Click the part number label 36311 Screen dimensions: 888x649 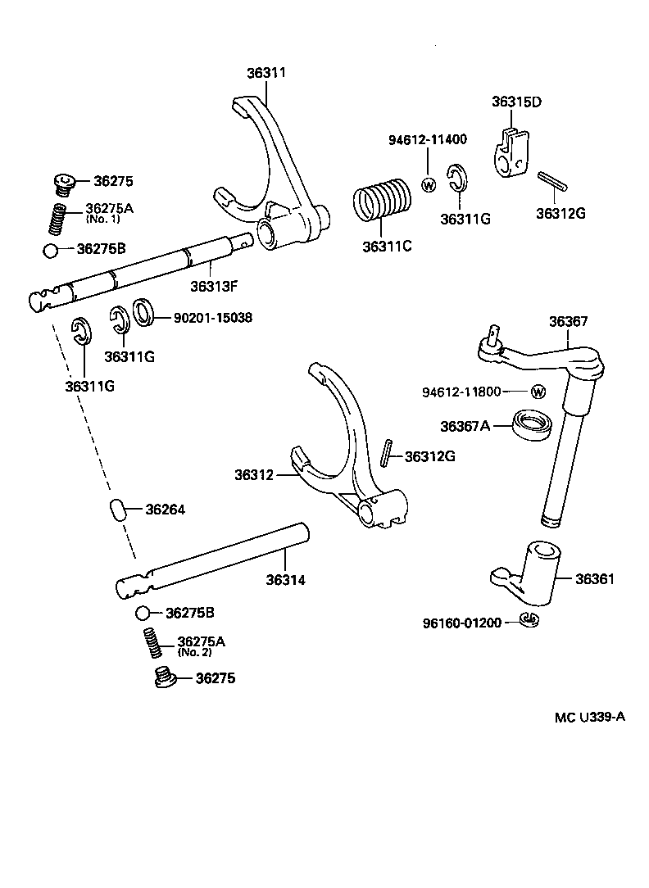click(x=266, y=73)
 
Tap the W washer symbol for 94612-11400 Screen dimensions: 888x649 click(x=427, y=183)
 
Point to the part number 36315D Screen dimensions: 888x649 click(x=516, y=102)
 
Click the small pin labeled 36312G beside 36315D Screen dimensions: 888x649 click(x=549, y=181)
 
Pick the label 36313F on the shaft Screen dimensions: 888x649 click(x=215, y=286)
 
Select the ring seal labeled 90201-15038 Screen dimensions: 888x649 click(x=145, y=311)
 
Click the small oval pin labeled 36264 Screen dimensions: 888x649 click(x=119, y=510)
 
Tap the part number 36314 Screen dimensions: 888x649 click(x=285, y=580)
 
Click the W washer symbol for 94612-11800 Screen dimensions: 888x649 click(x=538, y=392)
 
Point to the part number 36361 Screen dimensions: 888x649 click(x=594, y=579)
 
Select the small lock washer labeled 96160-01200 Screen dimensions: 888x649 click(x=529, y=620)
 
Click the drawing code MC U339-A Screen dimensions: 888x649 click(x=589, y=717)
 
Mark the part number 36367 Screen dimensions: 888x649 click(x=568, y=322)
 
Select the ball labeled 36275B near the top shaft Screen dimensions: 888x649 click(x=52, y=250)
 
